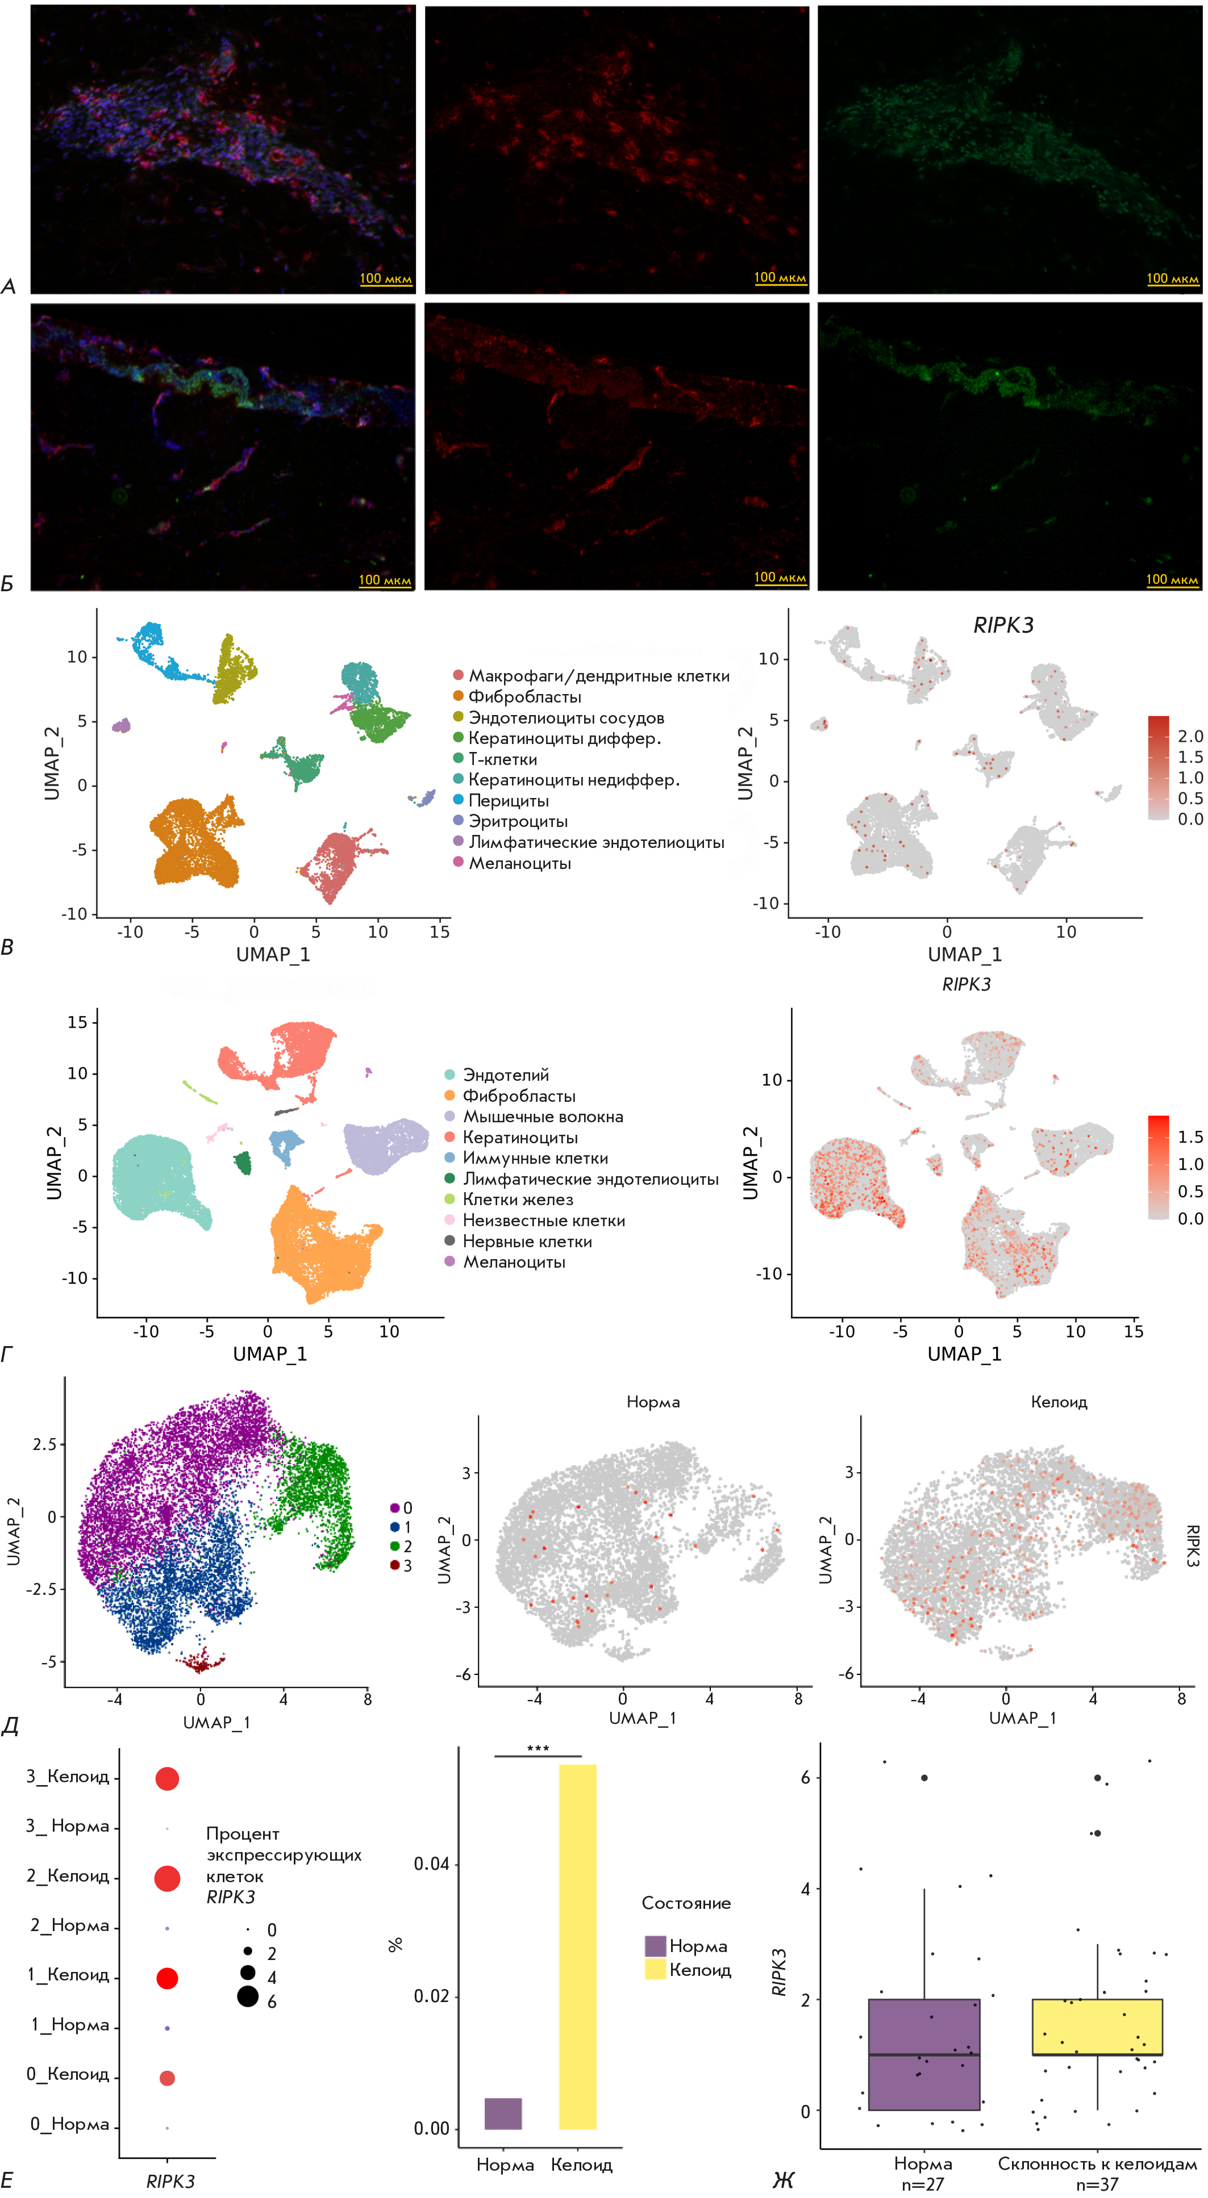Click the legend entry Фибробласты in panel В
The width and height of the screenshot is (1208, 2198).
pos(524,697)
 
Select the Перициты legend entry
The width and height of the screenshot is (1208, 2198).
pos(508,800)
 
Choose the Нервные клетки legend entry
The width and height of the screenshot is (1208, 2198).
pos(527,1242)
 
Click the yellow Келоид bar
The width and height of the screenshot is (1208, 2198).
pos(577,1945)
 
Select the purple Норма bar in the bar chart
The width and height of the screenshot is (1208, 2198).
pos(503,2113)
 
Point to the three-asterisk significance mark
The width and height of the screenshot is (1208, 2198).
pos(538,1748)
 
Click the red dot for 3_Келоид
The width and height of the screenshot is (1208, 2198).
pos(167,1779)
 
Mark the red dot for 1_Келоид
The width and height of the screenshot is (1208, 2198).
pos(167,1978)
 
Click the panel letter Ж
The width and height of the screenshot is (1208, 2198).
pos(783,2180)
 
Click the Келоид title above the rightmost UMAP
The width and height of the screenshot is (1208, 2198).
pos(1059,1402)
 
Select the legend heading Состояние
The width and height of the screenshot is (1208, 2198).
pos(685,1903)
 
